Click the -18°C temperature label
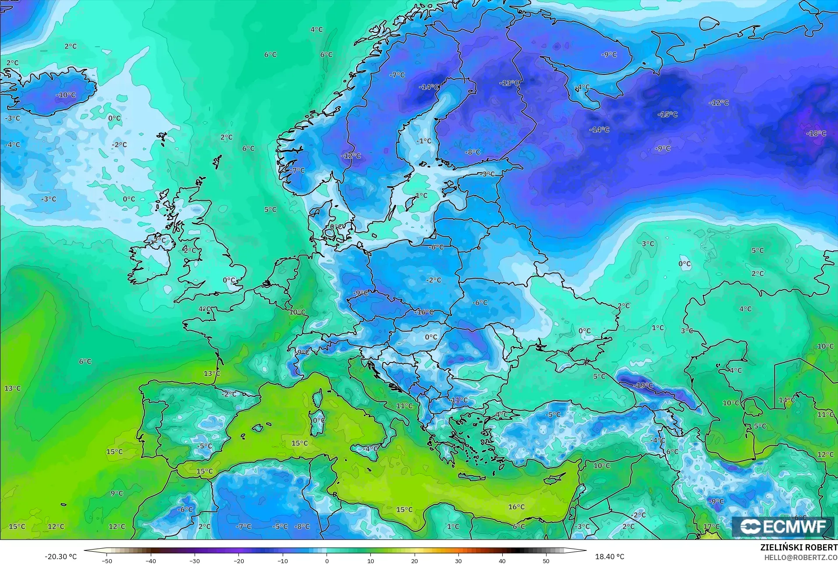tap(816, 133)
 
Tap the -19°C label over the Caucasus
tap(643, 385)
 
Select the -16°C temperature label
tap(424, 312)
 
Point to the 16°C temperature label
tap(516, 507)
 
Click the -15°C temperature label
tap(668, 114)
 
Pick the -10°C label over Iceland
tap(66, 95)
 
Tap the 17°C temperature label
tap(711, 526)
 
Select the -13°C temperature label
tap(509, 83)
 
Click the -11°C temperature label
tap(459, 400)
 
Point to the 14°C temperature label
tap(787, 400)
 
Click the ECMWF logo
tap(783, 526)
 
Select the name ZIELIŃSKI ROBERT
tap(799, 548)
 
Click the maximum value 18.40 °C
tap(610, 557)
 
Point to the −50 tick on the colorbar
tap(107, 560)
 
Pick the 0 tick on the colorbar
tap(327, 560)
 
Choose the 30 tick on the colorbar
tap(458, 560)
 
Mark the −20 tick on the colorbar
tap(238, 560)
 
